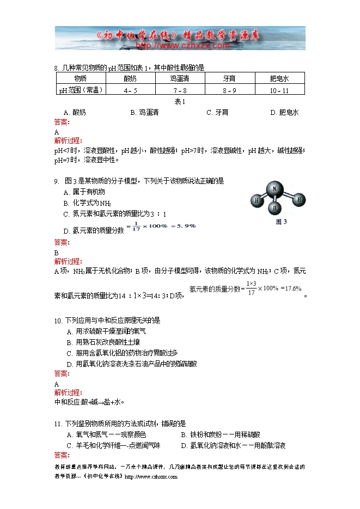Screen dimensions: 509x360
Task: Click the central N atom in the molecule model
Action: click(x=275, y=190)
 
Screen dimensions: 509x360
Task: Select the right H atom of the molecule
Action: click(x=298, y=200)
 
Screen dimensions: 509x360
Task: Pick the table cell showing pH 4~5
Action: click(x=131, y=90)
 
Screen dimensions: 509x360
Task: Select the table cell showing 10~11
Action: click(x=279, y=90)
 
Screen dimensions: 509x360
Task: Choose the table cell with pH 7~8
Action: click(x=180, y=90)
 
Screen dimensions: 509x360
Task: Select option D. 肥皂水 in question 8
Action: click(x=284, y=113)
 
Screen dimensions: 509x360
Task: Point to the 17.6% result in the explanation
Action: click(x=292, y=289)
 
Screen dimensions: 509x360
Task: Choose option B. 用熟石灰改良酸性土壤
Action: click(x=103, y=342)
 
